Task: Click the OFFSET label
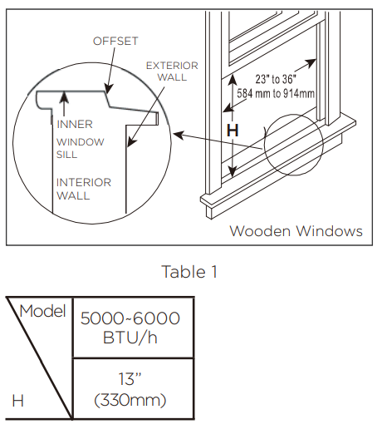tap(115, 40)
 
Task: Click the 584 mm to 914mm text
tap(276, 93)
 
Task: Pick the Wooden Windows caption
tap(296, 231)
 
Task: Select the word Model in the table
tap(42, 312)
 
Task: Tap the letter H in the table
tap(17, 402)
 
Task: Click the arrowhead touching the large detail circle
tap(176, 131)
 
